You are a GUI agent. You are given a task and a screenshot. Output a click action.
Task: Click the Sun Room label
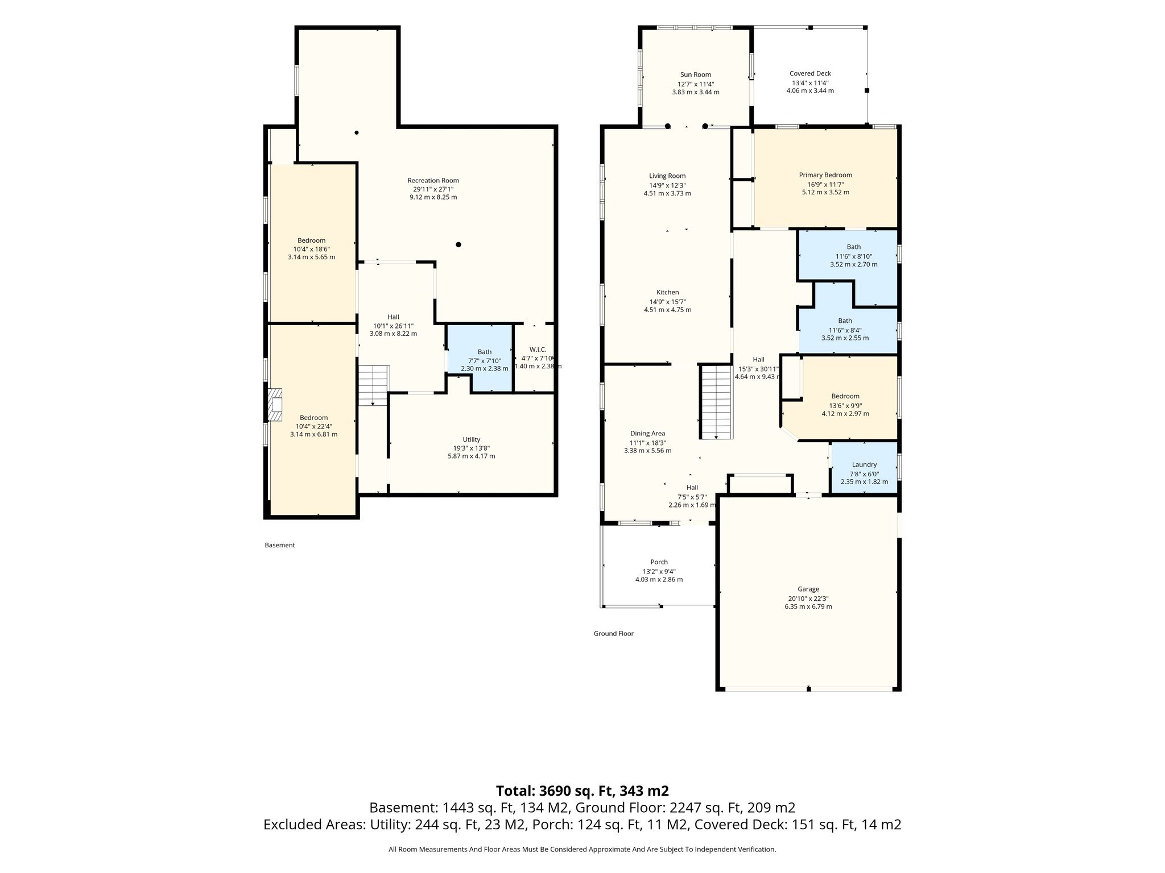(695, 74)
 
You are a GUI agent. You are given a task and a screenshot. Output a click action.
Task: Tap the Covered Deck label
(810, 73)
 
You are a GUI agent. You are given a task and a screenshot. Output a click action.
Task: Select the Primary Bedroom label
(825, 175)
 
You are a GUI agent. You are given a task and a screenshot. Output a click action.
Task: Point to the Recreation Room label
(433, 181)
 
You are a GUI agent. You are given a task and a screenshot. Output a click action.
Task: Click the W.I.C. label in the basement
(538, 350)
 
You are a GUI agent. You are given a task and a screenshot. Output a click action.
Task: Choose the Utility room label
(471, 439)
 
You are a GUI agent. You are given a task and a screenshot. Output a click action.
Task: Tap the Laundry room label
(864, 465)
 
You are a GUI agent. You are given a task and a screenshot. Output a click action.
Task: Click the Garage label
(808, 589)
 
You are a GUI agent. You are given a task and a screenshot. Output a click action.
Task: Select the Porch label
(659, 562)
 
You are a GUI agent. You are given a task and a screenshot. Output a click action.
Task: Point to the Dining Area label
(647, 434)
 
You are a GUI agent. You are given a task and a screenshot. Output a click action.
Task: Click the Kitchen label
(667, 293)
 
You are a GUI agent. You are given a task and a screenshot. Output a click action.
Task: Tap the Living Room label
(667, 176)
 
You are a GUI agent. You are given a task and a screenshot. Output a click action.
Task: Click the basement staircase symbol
(373, 385)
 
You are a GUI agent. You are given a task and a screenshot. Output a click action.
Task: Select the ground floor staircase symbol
(716, 402)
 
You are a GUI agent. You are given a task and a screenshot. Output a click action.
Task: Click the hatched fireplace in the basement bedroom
(275, 405)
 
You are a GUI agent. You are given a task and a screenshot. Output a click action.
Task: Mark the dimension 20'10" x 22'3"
(808, 598)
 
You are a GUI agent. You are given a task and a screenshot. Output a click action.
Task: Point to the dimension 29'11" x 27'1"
(433, 189)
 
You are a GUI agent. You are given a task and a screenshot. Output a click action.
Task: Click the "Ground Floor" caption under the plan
(613, 634)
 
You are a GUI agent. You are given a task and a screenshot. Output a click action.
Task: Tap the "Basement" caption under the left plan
(280, 545)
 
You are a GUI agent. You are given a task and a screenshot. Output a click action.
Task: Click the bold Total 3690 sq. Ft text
(582, 791)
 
